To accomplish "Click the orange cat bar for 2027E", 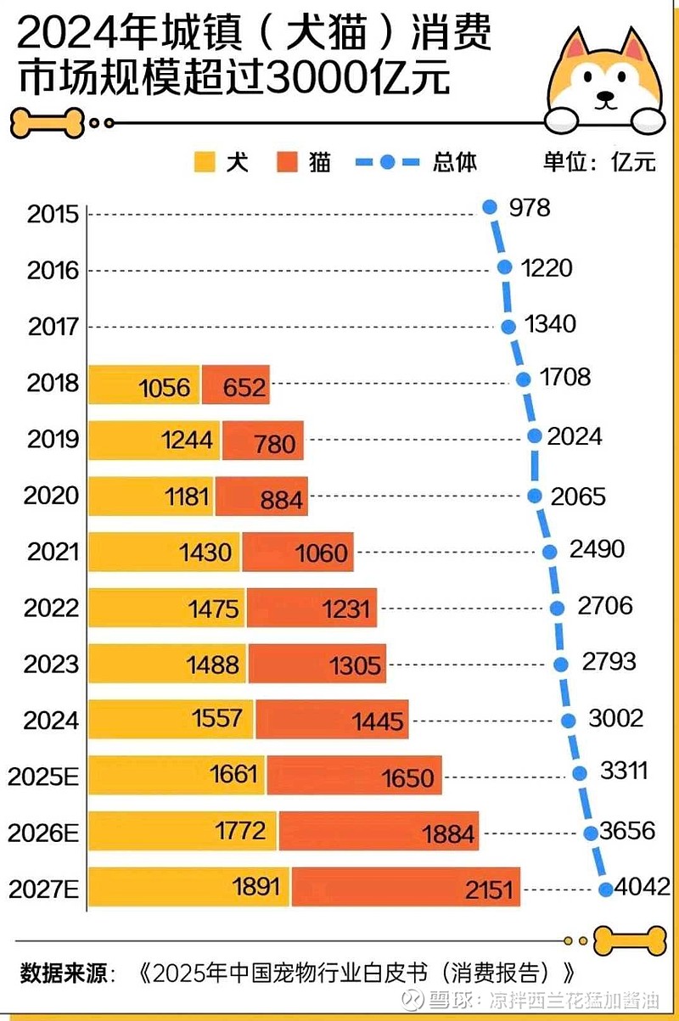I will [x=405, y=888].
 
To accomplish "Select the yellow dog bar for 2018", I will [x=144, y=384].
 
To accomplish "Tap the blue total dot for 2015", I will [x=489, y=206].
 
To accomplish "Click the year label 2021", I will [x=53, y=552].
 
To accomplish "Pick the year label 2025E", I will [x=43, y=776].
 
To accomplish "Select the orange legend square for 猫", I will [x=287, y=161].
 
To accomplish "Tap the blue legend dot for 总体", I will [x=387, y=161].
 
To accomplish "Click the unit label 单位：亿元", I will [x=600, y=161].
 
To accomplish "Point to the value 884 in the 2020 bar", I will [x=281, y=499].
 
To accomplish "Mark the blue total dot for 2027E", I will [x=605, y=889].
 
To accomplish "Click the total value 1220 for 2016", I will [x=548, y=268].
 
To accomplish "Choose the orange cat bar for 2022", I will [x=311, y=609].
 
